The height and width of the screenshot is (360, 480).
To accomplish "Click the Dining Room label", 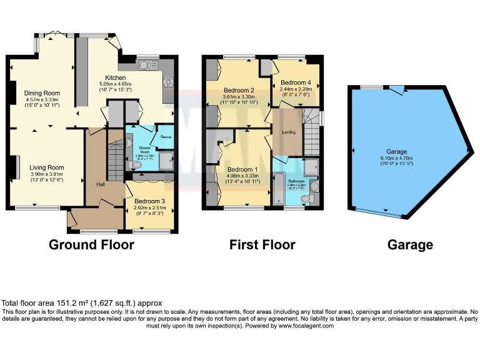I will pyautogui.click(x=42, y=92).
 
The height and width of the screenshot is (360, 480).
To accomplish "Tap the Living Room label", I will pyautogui.click(x=46, y=167).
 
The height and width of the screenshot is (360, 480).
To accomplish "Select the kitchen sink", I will pyautogui.click(x=148, y=64).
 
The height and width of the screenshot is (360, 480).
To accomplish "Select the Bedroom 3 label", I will pyautogui.click(x=149, y=201).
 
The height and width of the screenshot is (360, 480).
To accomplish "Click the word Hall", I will pyautogui.click(x=101, y=184).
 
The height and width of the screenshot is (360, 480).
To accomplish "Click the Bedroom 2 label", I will pyautogui.click(x=238, y=91).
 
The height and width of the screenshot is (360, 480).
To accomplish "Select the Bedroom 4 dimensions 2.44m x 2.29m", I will pyautogui.click(x=296, y=89).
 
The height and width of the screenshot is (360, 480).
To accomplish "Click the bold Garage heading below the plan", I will pyautogui.click(x=409, y=244).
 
